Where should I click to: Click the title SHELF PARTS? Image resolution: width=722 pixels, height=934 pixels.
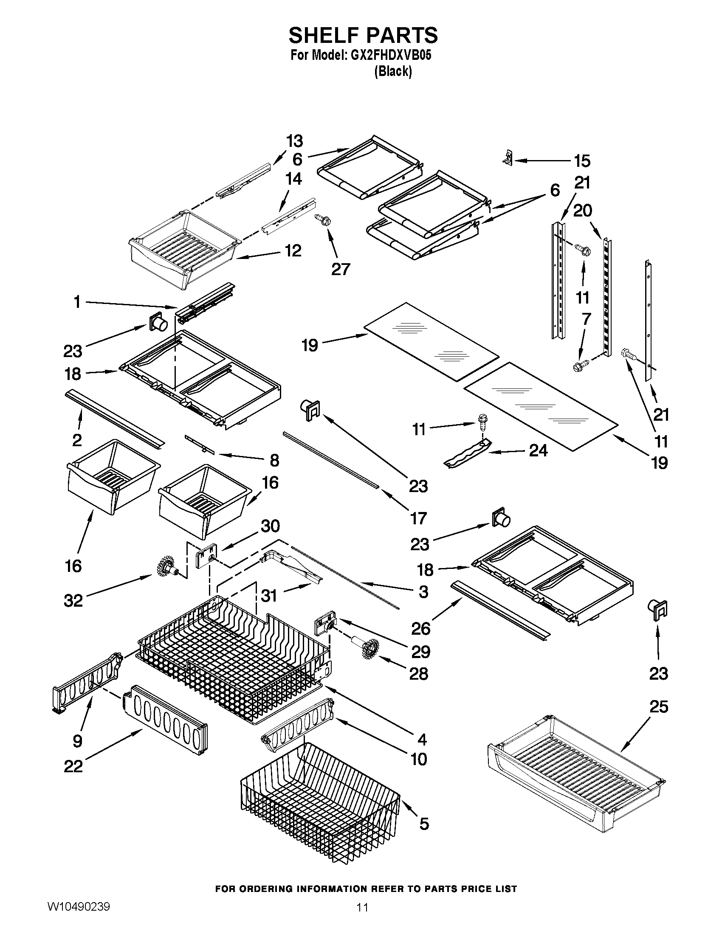click(363, 35)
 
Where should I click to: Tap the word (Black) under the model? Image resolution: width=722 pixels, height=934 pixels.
click(393, 71)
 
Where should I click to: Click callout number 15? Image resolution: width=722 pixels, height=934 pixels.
click(582, 161)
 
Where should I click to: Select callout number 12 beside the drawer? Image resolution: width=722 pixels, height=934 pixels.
click(293, 250)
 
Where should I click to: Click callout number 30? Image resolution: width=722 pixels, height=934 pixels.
click(270, 526)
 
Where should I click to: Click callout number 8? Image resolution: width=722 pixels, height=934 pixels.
click(274, 460)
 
